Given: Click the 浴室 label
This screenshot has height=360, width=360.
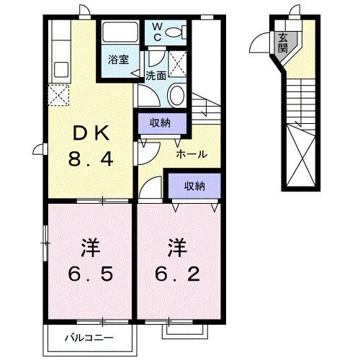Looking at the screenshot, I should pyautogui.click(x=118, y=60).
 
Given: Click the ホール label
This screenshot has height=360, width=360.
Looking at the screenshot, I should pyautogui.click(x=192, y=153).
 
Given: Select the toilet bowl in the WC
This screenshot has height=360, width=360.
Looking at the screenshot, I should pyautogui.click(x=185, y=32).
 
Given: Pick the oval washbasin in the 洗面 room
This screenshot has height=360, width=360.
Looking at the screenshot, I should pyautogui.click(x=177, y=94).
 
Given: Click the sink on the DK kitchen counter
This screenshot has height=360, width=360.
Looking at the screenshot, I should pyautogui.click(x=60, y=69).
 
